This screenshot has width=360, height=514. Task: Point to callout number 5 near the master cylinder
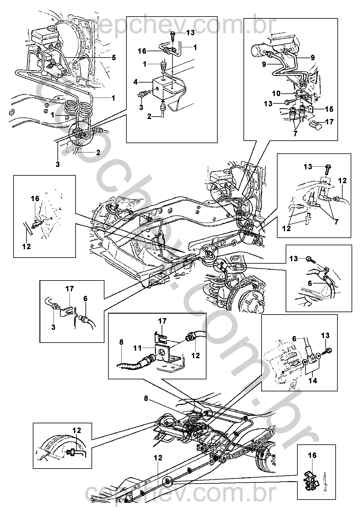point(113,57)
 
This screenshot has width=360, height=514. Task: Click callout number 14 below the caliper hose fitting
point(313,381)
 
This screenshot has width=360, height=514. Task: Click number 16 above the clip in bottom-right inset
point(312,455)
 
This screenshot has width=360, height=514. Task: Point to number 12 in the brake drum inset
point(77,431)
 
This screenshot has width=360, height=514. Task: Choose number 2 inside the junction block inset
point(149,117)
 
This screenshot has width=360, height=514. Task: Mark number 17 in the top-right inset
point(330,122)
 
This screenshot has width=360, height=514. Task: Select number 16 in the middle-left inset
point(35,199)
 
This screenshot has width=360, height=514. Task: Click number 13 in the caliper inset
point(325,335)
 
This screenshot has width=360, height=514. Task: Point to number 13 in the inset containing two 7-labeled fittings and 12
point(308,166)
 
